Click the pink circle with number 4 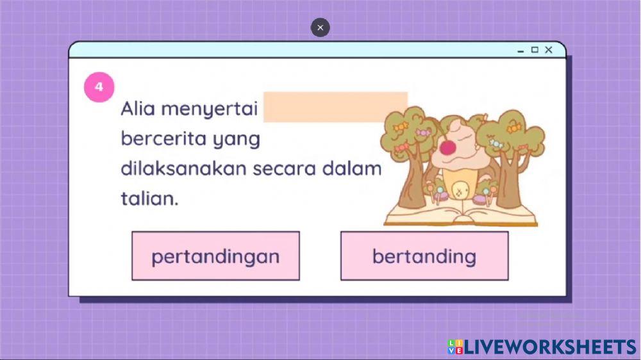tap(99, 87)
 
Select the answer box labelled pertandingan tap(215, 256)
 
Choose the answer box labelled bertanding tap(424, 256)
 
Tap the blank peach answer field tap(335, 106)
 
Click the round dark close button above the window tap(320, 28)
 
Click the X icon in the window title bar tap(549, 50)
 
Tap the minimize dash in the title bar tap(520, 51)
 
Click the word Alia tap(138, 109)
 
